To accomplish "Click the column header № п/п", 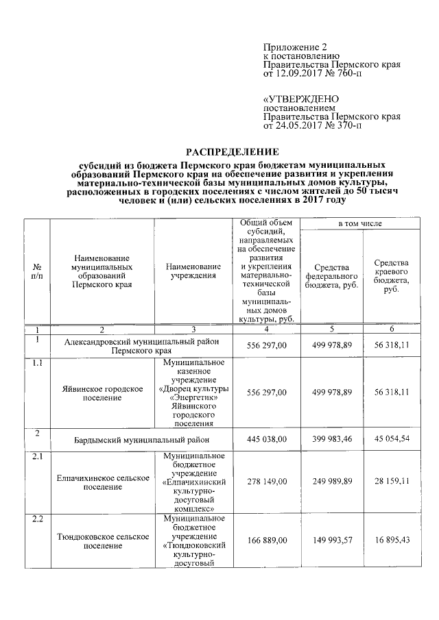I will tap(36, 275).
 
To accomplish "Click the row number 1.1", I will tap(36, 363).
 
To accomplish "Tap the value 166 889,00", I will tap(267, 541).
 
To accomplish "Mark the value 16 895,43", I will tap(392, 541).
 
